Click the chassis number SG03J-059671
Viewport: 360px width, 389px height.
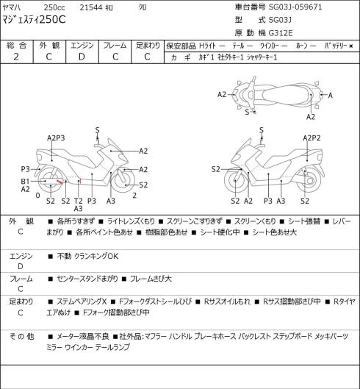(295, 7)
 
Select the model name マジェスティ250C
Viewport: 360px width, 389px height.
(34, 20)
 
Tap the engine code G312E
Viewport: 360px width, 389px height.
(281, 33)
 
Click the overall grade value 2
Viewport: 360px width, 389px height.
(16, 57)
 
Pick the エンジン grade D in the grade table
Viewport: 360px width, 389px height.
(82, 57)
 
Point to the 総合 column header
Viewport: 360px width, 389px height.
(16, 46)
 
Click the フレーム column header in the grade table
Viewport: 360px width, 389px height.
(115, 46)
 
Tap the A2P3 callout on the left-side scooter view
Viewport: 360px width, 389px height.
(56, 138)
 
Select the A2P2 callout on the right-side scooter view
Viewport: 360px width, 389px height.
(312, 138)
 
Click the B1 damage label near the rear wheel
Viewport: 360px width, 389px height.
(25, 182)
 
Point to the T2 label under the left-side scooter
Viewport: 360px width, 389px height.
(78, 201)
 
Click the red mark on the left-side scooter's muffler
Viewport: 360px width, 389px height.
(60, 182)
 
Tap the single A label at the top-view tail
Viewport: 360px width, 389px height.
(331, 96)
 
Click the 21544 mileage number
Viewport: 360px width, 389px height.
(91, 7)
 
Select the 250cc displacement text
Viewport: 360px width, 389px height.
(54, 7)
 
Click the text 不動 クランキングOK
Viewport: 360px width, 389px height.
(87, 256)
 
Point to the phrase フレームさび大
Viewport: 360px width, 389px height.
(151, 279)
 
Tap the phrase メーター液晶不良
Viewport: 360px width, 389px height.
(83, 336)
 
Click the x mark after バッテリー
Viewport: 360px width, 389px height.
(351, 46)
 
